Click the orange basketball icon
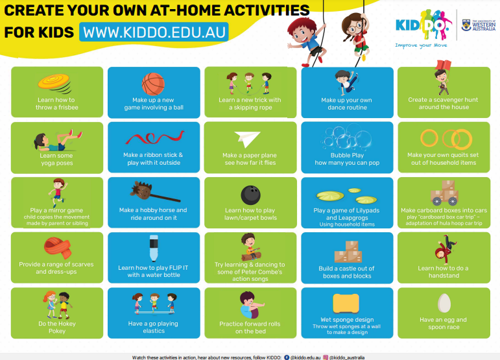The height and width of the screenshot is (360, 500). pyautogui.click(x=153, y=84)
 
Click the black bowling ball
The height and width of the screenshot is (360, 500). pyautogui.click(x=250, y=195)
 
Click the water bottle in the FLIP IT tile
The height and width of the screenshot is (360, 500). pyautogui.click(x=153, y=249)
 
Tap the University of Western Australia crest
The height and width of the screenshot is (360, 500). pyautogui.click(x=466, y=25)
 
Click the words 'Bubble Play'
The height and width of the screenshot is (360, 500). pyautogui.click(x=348, y=156)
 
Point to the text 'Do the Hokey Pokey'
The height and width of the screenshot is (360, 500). pyautogui.click(x=56, y=326)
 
